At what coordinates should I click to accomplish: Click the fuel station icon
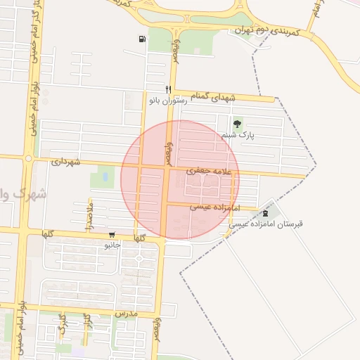tap(143, 39)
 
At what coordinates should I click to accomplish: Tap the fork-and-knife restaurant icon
tap(167, 89)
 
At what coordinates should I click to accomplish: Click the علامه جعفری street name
tap(213, 171)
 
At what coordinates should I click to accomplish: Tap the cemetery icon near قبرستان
tap(265, 212)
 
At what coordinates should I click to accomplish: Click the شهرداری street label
tap(67, 162)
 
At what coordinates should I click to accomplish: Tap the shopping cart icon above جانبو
tap(111, 235)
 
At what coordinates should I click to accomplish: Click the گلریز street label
tap(86, 326)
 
